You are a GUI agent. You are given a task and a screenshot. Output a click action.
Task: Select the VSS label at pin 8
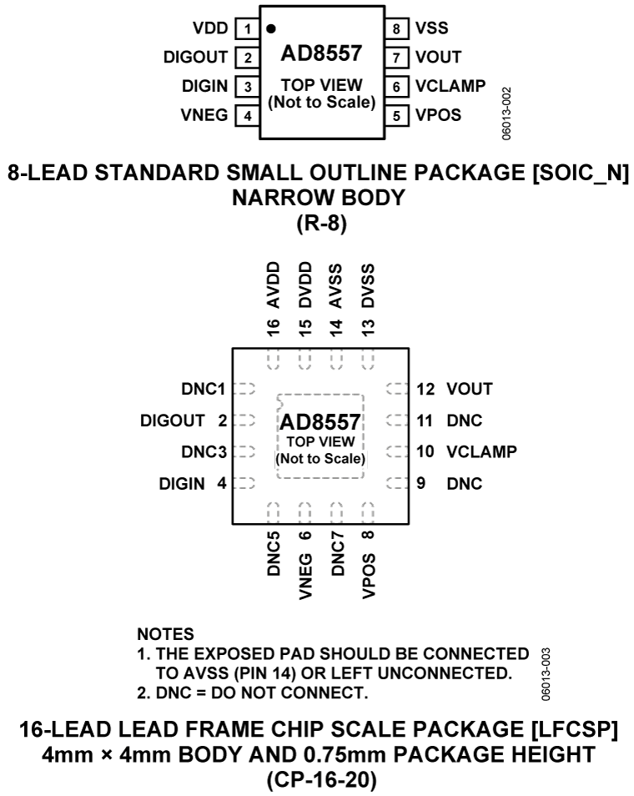pyautogui.click(x=432, y=28)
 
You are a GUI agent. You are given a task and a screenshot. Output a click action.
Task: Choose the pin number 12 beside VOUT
pyautogui.click(x=425, y=388)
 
